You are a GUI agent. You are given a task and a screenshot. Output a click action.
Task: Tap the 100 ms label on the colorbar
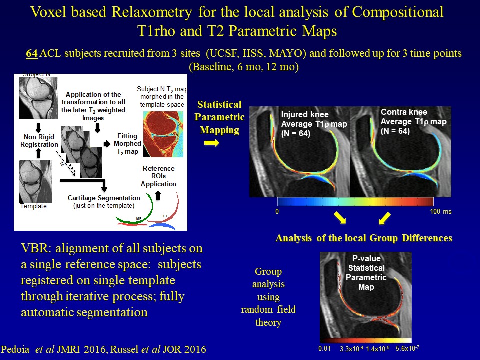[440, 212]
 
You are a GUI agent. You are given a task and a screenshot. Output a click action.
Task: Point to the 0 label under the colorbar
[277, 212]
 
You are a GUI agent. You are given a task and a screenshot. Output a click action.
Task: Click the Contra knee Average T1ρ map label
[413, 122]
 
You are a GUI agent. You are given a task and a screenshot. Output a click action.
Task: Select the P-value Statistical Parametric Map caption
[366, 273]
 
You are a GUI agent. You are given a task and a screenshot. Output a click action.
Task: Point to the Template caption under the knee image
[34, 206]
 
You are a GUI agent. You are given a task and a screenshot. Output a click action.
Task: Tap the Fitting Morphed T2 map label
[128, 143]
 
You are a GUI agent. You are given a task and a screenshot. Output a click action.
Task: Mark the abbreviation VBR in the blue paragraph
[35, 249]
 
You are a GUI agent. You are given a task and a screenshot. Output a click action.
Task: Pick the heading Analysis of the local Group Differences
[363, 238]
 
